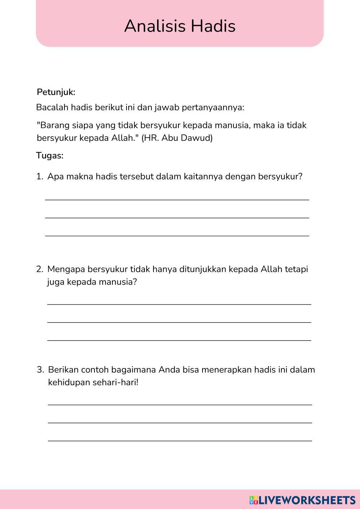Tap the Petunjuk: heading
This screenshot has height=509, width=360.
(56, 92)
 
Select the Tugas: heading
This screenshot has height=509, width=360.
(50, 156)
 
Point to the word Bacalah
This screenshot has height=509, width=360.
(52, 107)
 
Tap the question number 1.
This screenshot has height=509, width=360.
(39, 177)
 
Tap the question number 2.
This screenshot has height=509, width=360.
(39, 269)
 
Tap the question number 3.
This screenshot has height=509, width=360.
(40, 370)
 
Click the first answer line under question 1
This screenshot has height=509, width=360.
(177, 199)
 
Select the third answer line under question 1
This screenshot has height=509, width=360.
(177, 235)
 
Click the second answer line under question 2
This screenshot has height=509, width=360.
(179, 322)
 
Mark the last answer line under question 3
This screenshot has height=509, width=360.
(180, 441)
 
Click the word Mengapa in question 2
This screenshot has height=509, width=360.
(66, 270)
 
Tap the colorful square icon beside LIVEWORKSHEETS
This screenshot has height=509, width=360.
(254, 500)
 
